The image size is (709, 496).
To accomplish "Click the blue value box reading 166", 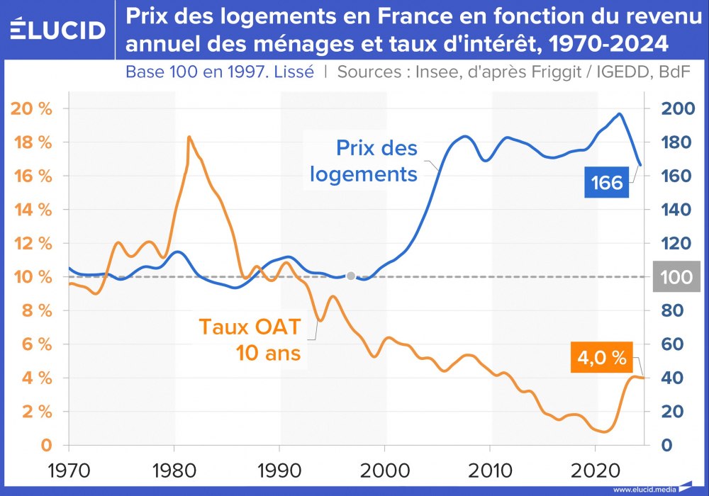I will (x=606, y=182).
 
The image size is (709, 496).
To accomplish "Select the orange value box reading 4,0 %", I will (x=601, y=359).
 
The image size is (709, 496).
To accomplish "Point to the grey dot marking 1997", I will (x=350, y=276).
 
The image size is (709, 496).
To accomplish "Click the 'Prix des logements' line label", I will (x=376, y=161).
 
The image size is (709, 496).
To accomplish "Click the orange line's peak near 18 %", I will (x=189, y=137).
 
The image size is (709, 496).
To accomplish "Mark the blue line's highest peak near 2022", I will (x=620, y=113).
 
